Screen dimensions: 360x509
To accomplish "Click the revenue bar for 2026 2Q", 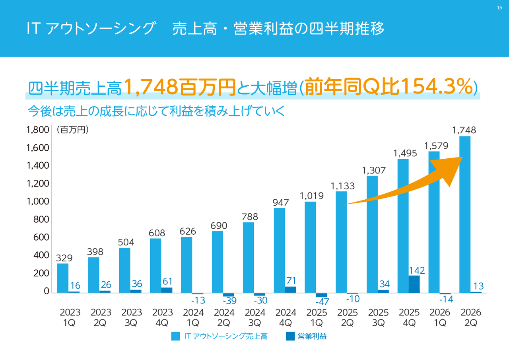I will (x=465, y=214).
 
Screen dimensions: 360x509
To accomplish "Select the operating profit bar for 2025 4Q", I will (x=414, y=284).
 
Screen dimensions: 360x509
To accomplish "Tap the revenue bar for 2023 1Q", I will (x=63, y=278).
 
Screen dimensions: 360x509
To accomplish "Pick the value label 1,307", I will (x=374, y=170).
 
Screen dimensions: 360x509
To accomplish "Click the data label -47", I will (x=322, y=302).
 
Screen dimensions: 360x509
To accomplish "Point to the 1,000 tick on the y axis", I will (x=38, y=202).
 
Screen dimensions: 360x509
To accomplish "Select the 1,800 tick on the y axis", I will (x=38, y=130).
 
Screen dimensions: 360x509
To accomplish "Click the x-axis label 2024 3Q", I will (x=255, y=317).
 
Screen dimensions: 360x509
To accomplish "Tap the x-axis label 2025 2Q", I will (x=347, y=317).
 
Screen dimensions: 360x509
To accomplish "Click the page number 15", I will (x=499, y=8).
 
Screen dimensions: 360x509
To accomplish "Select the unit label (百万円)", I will (x=72, y=130).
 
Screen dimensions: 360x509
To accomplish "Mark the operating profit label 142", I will (x=417, y=270).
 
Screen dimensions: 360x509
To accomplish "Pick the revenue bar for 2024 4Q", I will (x=280, y=250).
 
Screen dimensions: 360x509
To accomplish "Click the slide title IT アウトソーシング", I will (x=90, y=29).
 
